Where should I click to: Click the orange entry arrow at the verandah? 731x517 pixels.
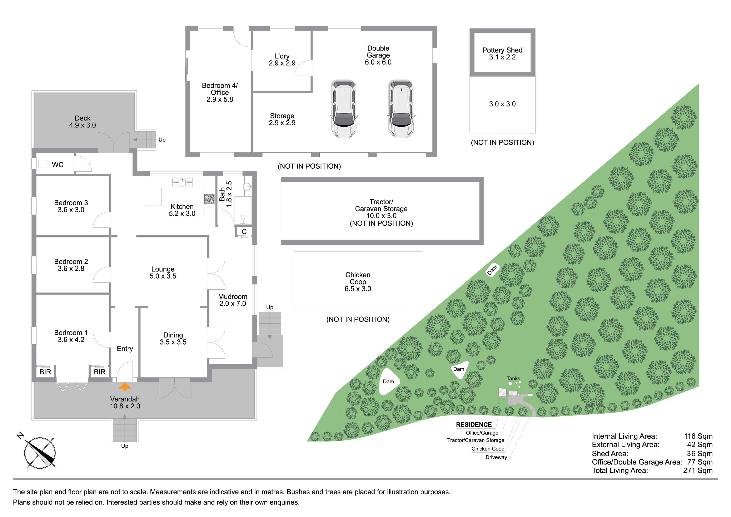125,387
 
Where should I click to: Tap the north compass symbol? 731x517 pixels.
40,453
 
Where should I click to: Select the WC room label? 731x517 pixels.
58,165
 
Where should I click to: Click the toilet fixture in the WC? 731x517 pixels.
42,164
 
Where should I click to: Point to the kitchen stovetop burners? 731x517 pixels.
209,199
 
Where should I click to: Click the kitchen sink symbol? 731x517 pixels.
182,182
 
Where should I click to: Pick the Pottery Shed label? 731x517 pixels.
502,54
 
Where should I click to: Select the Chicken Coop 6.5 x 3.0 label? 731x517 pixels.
358,282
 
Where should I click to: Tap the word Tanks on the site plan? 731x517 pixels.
513,378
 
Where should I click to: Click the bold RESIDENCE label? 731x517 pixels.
474,425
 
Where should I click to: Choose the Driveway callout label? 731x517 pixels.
496,457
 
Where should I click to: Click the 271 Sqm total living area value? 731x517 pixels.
698,471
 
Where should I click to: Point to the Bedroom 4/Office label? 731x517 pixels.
220,92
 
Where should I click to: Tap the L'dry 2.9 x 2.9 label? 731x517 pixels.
282,60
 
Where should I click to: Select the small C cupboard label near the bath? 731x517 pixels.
244,232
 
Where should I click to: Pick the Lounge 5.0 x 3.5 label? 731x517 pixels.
163,273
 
